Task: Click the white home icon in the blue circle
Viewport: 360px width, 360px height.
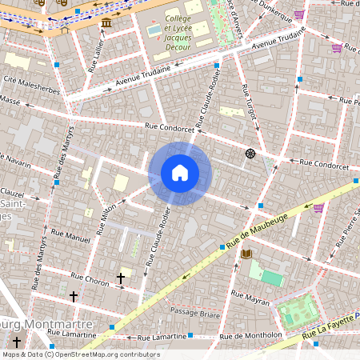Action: click(180, 173)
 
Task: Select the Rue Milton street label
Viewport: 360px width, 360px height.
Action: click(106, 218)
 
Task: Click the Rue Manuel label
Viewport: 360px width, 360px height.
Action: click(78, 238)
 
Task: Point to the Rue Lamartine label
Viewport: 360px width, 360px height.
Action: click(71, 333)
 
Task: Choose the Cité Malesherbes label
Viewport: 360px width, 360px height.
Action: click(32, 85)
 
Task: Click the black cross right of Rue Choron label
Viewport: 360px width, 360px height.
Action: click(121, 278)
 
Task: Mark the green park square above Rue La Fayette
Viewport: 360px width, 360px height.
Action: click(295, 311)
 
